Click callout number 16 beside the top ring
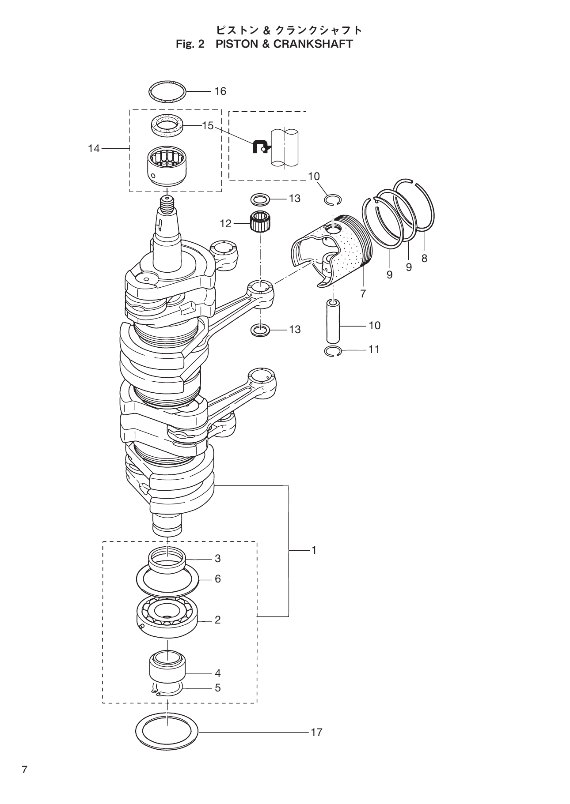tap(220, 91)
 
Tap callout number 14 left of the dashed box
tap(94, 149)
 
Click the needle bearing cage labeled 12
tap(260, 220)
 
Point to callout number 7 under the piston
tap(363, 293)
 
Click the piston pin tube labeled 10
tap(333, 321)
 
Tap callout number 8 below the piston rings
tap(424, 259)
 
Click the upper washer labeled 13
tap(260, 199)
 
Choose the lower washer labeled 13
tap(260, 330)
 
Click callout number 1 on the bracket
tap(314, 550)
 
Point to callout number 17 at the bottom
tap(316, 732)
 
